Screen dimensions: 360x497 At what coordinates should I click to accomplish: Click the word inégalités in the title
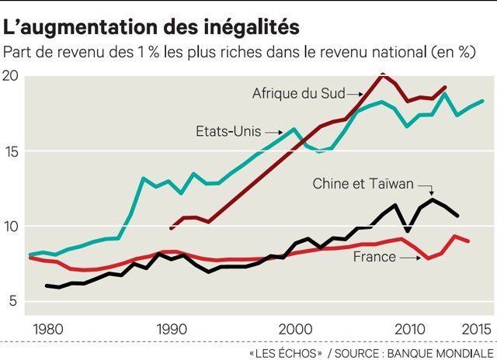point(251,28)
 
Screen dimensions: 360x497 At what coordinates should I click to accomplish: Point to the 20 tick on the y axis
point(11,76)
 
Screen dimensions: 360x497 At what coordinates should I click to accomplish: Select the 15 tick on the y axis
point(11,151)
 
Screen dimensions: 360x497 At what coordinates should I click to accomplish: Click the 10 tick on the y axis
point(11,227)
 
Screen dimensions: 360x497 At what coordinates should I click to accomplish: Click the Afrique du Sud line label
point(298,94)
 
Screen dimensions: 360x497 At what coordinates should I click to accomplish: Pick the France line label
point(374,256)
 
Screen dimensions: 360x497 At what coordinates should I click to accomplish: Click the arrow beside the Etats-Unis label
point(272,133)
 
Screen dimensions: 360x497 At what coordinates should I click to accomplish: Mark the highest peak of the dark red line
point(382,74)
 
